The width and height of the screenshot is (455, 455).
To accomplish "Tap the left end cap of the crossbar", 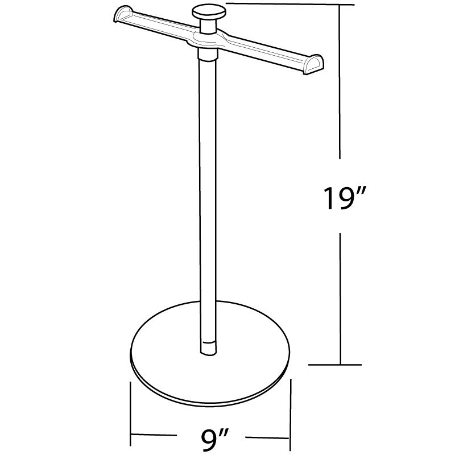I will click(122, 15).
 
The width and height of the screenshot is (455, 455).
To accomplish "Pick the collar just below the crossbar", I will click(208, 55).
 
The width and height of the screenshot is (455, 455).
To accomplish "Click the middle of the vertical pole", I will click(208, 199).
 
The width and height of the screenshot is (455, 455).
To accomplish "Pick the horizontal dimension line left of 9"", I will click(159, 437).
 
